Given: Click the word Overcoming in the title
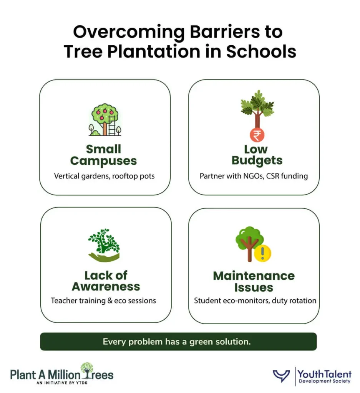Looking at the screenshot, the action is pyautogui.click(x=129, y=32).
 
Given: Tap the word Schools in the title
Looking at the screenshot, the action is pyautogui.click(x=261, y=52).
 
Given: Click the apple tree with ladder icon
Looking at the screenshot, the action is pyautogui.click(x=105, y=120).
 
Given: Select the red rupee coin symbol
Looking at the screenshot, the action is pyautogui.click(x=257, y=135).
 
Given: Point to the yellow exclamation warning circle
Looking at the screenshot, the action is pyautogui.click(x=262, y=253).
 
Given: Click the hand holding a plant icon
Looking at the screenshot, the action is pyautogui.click(x=104, y=245).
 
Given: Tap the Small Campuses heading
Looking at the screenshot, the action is pyautogui.click(x=104, y=155).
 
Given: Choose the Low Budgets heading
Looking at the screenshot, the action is pyautogui.click(x=257, y=155).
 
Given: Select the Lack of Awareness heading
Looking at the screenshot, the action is pyautogui.click(x=106, y=281).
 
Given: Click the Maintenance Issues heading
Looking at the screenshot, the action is pyautogui.click(x=254, y=281).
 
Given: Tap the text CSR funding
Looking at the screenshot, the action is pyautogui.click(x=287, y=176).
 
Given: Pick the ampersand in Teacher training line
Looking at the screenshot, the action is pyautogui.click(x=109, y=301).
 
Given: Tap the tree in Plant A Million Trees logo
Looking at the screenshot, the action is pyautogui.click(x=87, y=370).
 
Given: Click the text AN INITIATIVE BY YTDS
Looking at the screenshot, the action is pyautogui.click(x=62, y=383).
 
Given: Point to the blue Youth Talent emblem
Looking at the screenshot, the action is pyautogui.click(x=281, y=376).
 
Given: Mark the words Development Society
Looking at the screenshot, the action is pyautogui.click(x=324, y=381).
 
